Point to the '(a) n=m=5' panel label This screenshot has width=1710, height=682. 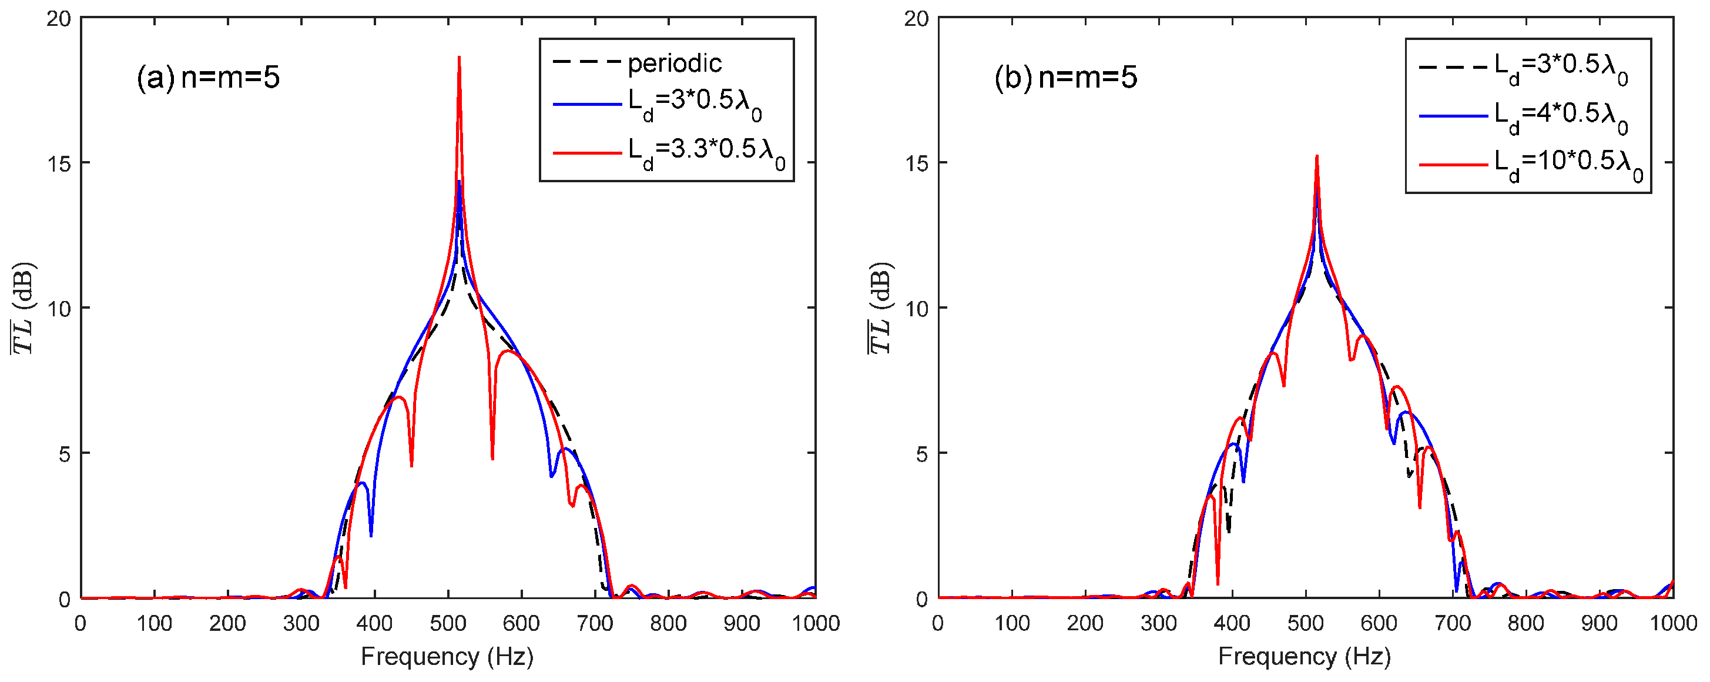tap(208, 78)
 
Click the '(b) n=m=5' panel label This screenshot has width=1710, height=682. tap(1065, 78)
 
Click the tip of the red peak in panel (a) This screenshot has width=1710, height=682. tap(460, 57)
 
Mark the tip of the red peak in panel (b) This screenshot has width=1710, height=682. tap(1316, 157)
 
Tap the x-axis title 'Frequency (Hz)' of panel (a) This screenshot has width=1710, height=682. tap(447, 656)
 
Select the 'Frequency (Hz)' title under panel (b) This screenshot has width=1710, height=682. tap(1305, 656)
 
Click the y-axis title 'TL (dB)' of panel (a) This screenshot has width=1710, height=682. tap(24, 308)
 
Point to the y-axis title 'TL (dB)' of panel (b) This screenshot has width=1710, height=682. tap(881, 308)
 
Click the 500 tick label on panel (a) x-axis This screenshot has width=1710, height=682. tap(448, 623)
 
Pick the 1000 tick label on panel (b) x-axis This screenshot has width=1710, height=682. tap(1673, 623)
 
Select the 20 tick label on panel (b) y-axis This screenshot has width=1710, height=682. tap(916, 19)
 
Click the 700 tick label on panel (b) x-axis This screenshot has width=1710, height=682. tap(1453, 623)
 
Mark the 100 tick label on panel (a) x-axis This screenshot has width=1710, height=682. tap(154, 623)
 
